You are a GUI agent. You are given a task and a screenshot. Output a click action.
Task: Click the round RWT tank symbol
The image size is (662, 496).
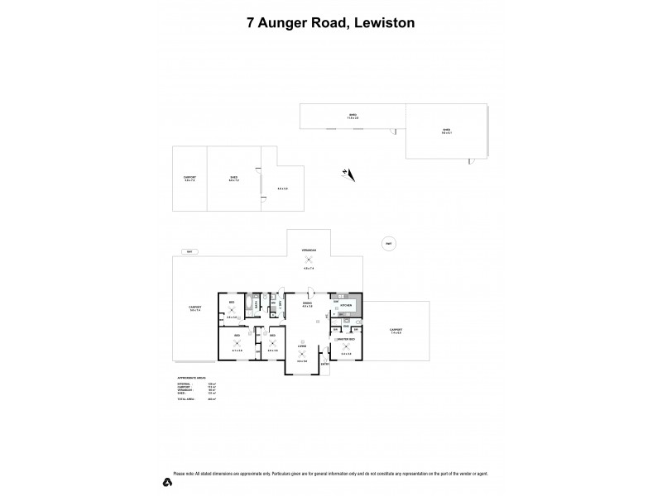click(387, 242)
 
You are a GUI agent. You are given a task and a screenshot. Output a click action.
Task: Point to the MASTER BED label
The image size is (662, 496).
click(346, 340)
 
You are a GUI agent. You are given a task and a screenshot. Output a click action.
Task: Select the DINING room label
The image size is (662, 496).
click(307, 303)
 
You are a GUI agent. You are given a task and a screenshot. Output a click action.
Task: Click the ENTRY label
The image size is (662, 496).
click(325, 365)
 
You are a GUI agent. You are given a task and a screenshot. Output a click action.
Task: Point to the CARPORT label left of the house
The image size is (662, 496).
click(195, 308)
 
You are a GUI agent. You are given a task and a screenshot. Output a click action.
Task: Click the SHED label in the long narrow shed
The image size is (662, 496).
click(352, 116)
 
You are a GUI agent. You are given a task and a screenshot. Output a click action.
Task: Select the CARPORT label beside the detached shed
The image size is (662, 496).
click(189, 178)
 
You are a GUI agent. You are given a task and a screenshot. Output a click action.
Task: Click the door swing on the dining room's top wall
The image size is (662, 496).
click(309, 291)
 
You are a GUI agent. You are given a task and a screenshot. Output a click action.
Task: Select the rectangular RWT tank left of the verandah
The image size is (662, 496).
click(189, 251)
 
